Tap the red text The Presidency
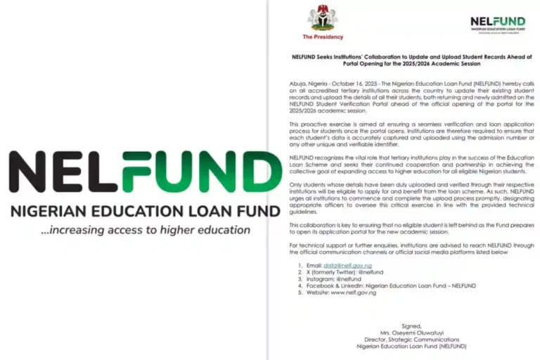point(323,37)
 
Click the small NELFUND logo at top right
point(498,23)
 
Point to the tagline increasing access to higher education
point(145,230)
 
